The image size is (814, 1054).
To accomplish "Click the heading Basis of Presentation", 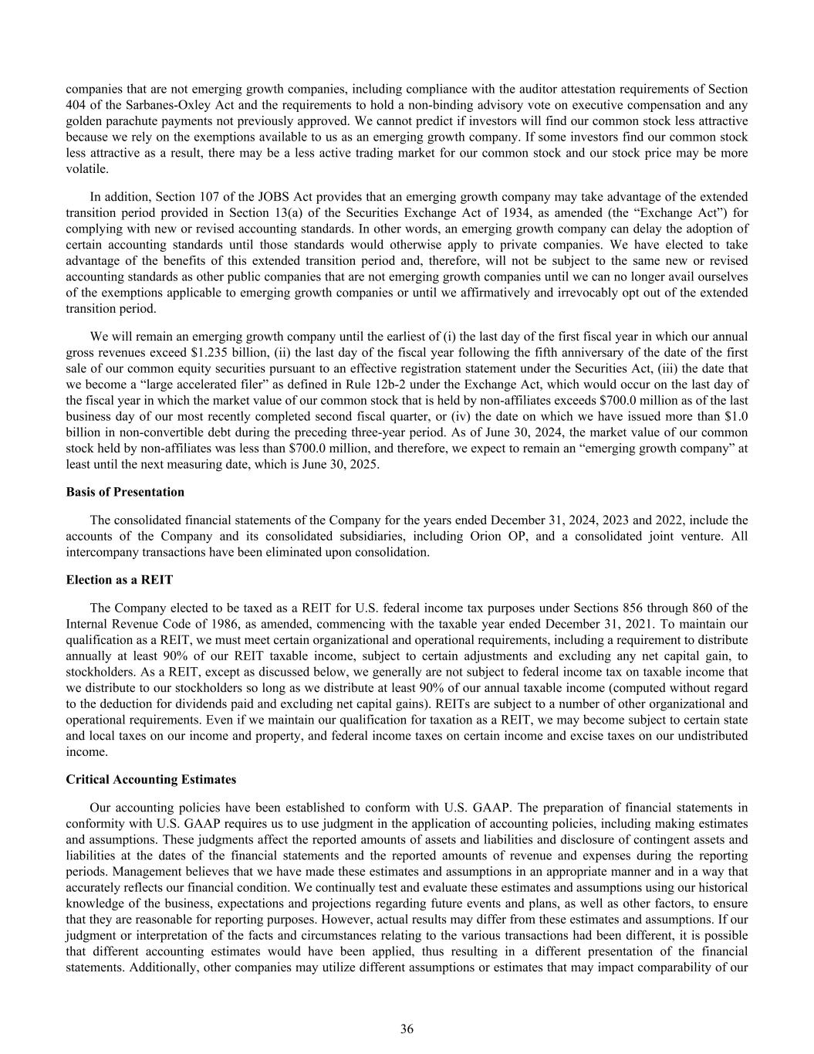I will click(125, 492).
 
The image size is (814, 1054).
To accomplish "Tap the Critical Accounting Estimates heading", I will click(151, 779).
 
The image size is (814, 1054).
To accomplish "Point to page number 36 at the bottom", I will click(407, 1029).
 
